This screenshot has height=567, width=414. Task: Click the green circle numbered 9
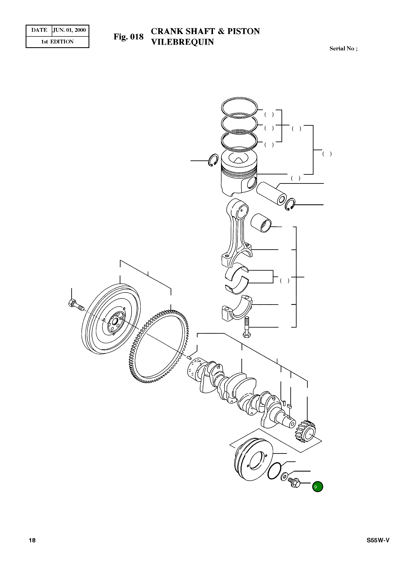pyautogui.click(x=317, y=487)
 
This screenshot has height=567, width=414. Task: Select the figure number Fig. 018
pyautogui.click(x=128, y=37)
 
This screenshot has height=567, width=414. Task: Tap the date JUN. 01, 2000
pyautogui.click(x=69, y=30)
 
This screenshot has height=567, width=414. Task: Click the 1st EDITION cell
pyautogui.click(x=57, y=42)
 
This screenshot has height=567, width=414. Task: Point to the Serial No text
pyautogui.click(x=343, y=49)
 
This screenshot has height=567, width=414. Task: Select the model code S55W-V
pyautogui.click(x=378, y=540)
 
